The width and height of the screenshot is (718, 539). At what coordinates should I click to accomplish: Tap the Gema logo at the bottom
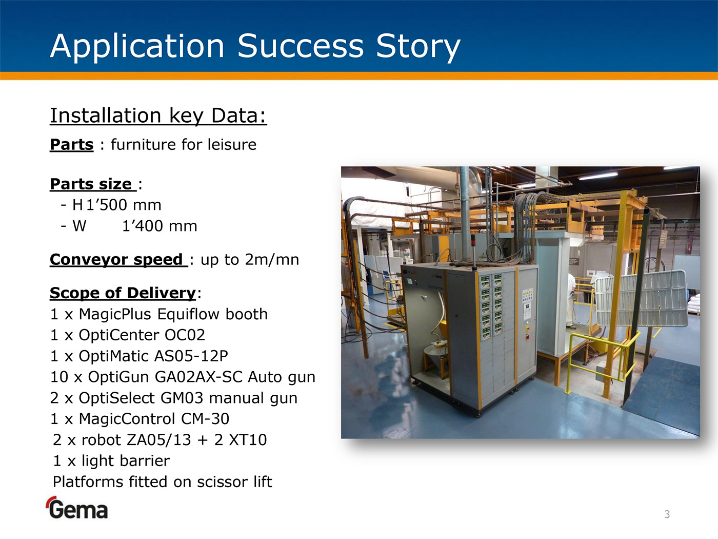coord(77,508)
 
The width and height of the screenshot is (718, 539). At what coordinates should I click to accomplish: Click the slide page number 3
coord(667,514)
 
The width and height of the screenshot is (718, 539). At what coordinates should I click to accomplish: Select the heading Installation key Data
coord(158,116)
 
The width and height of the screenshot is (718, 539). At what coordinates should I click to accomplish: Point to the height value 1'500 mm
coord(124,205)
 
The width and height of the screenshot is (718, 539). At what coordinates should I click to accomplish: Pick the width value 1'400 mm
coord(159,226)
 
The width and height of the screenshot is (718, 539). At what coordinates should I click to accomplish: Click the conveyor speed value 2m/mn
coord(272,260)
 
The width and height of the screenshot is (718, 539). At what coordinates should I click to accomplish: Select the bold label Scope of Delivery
coord(123,293)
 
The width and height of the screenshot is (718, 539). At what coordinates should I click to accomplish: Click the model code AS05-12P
coord(191,356)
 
